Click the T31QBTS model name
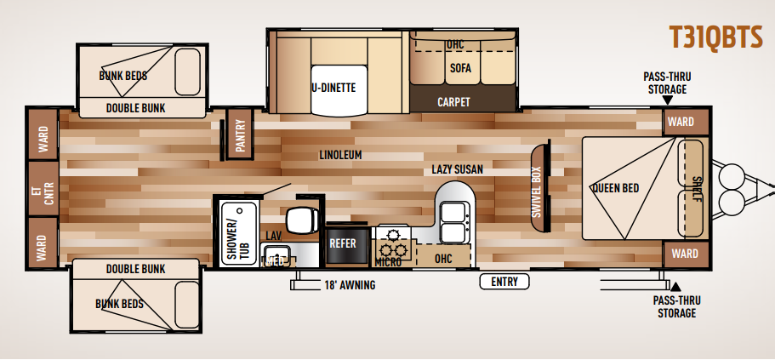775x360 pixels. click(715, 37)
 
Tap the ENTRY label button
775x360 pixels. click(504, 282)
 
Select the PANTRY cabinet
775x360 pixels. click(240, 134)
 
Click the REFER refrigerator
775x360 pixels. click(347, 244)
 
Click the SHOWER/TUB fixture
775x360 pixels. click(239, 233)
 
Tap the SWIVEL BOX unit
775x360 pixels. click(539, 188)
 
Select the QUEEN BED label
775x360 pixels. click(615, 188)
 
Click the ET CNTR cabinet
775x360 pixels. click(43, 188)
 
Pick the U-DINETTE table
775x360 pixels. click(339, 90)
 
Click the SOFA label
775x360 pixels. click(460, 68)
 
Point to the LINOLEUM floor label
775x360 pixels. click(340, 155)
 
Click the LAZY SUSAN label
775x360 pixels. click(457, 169)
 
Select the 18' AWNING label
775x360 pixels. click(350, 285)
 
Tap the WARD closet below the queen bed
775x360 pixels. click(686, 254)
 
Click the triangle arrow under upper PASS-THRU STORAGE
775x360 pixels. click(667, 100)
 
